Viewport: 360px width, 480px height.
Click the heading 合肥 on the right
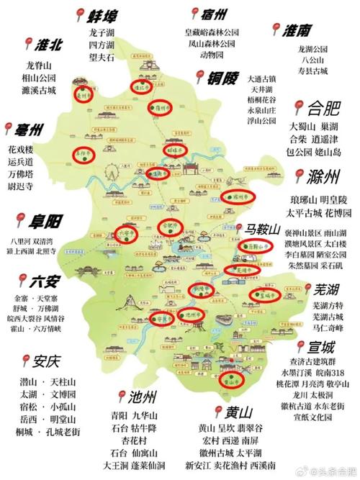click(323, 109)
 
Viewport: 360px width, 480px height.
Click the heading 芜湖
click(330, 290)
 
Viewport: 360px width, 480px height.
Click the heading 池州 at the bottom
click(136, 397)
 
